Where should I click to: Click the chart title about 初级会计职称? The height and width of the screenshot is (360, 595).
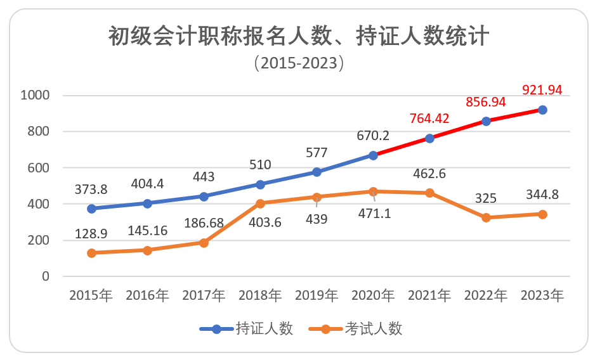297,36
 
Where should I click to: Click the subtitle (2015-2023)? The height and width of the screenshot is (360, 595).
297,63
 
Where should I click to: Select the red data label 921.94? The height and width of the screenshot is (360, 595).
542,90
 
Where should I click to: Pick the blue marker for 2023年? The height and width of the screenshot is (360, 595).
542,110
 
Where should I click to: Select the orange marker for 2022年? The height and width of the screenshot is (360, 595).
486,217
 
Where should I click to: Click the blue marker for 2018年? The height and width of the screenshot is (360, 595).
260,184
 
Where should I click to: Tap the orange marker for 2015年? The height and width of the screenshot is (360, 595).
91,253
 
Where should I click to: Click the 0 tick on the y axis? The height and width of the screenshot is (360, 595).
45,276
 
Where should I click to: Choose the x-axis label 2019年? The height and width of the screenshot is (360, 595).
317,295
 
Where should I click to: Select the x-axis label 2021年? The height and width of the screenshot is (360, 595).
429,295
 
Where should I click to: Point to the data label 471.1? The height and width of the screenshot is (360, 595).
373,214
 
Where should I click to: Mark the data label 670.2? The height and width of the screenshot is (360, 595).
373,136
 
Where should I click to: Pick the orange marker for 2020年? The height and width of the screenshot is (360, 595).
373,191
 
